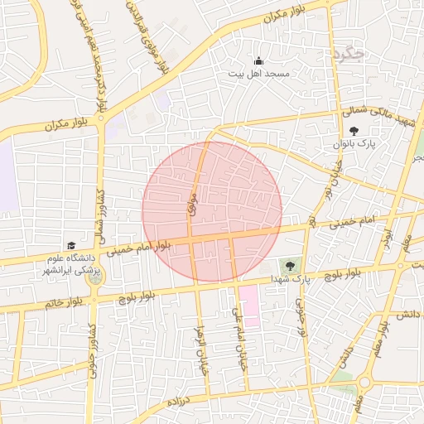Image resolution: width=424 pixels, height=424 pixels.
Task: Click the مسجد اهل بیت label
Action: (x=258, y=74)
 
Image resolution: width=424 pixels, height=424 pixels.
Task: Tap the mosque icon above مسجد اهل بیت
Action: (x=258, y=60)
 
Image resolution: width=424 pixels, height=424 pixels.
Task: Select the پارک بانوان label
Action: (x=355, y=144)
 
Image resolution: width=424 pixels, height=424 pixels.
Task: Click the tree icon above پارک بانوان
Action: (x=354, y=131)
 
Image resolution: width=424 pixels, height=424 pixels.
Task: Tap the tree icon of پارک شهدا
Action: (x=289, y=266)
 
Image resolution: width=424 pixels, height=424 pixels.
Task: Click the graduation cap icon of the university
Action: (x=71, y=246)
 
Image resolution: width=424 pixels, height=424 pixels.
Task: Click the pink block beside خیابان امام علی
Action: (x=248, y=306)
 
